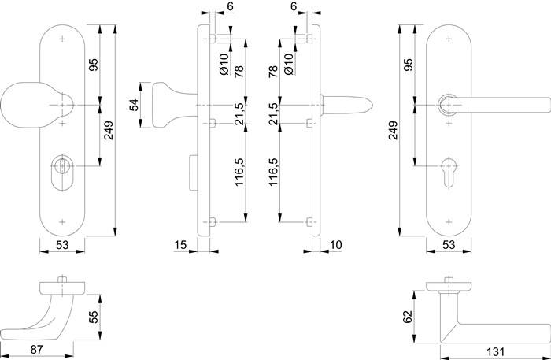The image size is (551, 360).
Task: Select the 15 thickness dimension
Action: [180, 246]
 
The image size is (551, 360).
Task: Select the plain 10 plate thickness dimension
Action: [335, 246]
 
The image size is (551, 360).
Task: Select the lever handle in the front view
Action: [496, 103]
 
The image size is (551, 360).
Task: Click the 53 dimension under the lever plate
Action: [448, 246]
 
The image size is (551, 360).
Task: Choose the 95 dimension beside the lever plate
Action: [408, 65]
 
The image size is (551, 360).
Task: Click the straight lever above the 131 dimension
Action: [488, 333]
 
